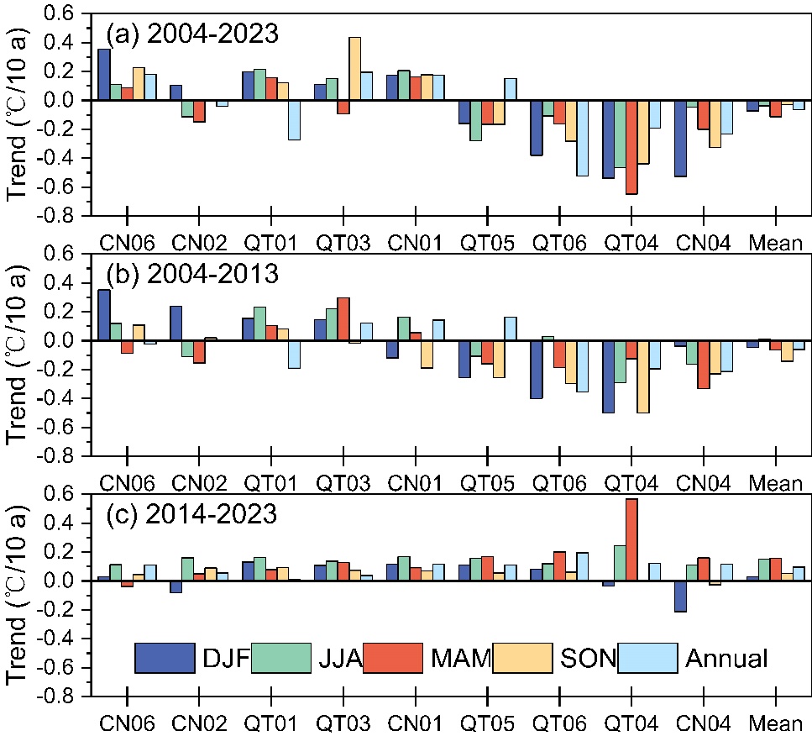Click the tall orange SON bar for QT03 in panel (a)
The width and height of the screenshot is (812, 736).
pyautogui.click(x=355, y=69)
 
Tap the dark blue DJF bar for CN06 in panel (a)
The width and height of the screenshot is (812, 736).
pyautogui.click(x=104, y=75)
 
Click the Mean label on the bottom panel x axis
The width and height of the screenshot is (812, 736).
pyautogui.click(x=776, y=721)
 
